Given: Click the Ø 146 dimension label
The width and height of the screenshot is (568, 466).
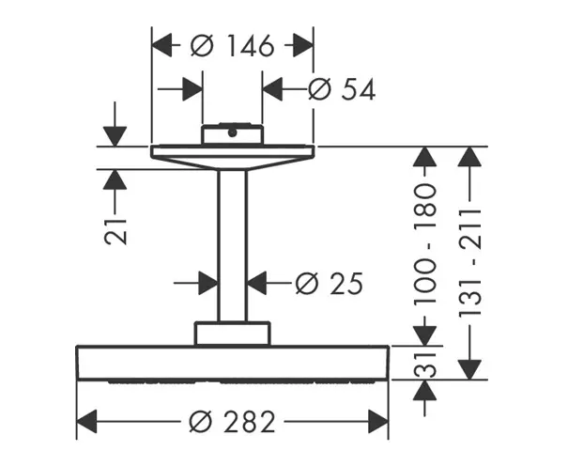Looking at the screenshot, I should (232, 44).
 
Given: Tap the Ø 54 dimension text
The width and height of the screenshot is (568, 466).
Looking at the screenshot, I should (342, 89).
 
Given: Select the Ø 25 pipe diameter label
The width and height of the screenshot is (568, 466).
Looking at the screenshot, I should (329, 282).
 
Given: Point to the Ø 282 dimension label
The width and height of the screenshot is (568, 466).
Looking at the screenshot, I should (232, 422).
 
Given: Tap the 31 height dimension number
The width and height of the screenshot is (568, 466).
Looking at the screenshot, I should (425, 362).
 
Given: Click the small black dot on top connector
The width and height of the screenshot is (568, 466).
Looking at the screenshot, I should (232, 132).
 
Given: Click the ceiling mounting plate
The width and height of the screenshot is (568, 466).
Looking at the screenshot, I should (232, 151).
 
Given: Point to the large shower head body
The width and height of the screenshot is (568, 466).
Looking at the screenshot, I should (232, 363).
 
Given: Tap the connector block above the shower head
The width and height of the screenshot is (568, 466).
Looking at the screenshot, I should (232, 333).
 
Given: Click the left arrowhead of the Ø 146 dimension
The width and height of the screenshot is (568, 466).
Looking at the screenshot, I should (162, 44).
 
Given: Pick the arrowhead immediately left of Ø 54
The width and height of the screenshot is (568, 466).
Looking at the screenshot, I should (272, 89).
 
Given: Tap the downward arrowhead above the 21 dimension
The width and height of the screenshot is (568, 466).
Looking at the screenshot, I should (115, 136).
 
